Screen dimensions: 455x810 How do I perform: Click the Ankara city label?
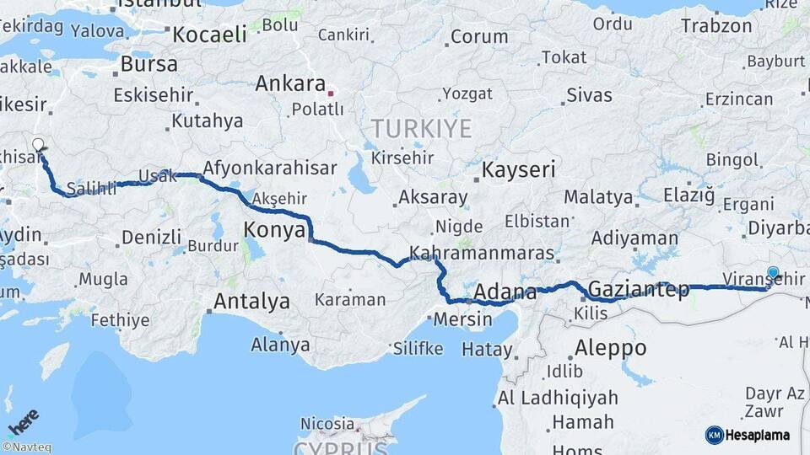tap(290, 84)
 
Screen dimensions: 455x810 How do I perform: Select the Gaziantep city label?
tap(637, 290)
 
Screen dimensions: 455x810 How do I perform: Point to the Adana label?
tap(505, 292)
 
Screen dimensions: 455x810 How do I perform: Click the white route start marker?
tap(38, 144)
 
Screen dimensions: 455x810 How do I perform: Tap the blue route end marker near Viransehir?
tap(773, 272)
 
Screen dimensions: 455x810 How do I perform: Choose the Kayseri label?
tap(518, 170)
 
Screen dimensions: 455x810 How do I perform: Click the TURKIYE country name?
tap(421, 129)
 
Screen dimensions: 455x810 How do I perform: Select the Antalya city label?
tap(251, 301)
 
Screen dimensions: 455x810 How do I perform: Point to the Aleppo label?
tap(610, 347)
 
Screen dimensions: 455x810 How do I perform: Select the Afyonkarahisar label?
tap(269, 167)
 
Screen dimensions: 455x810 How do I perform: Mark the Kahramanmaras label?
tap(482, 253)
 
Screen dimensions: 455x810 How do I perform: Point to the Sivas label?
tap(589, 94)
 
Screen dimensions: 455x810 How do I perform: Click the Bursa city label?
tap(149, 64)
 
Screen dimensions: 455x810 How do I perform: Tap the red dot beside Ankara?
tap(332, 93)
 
